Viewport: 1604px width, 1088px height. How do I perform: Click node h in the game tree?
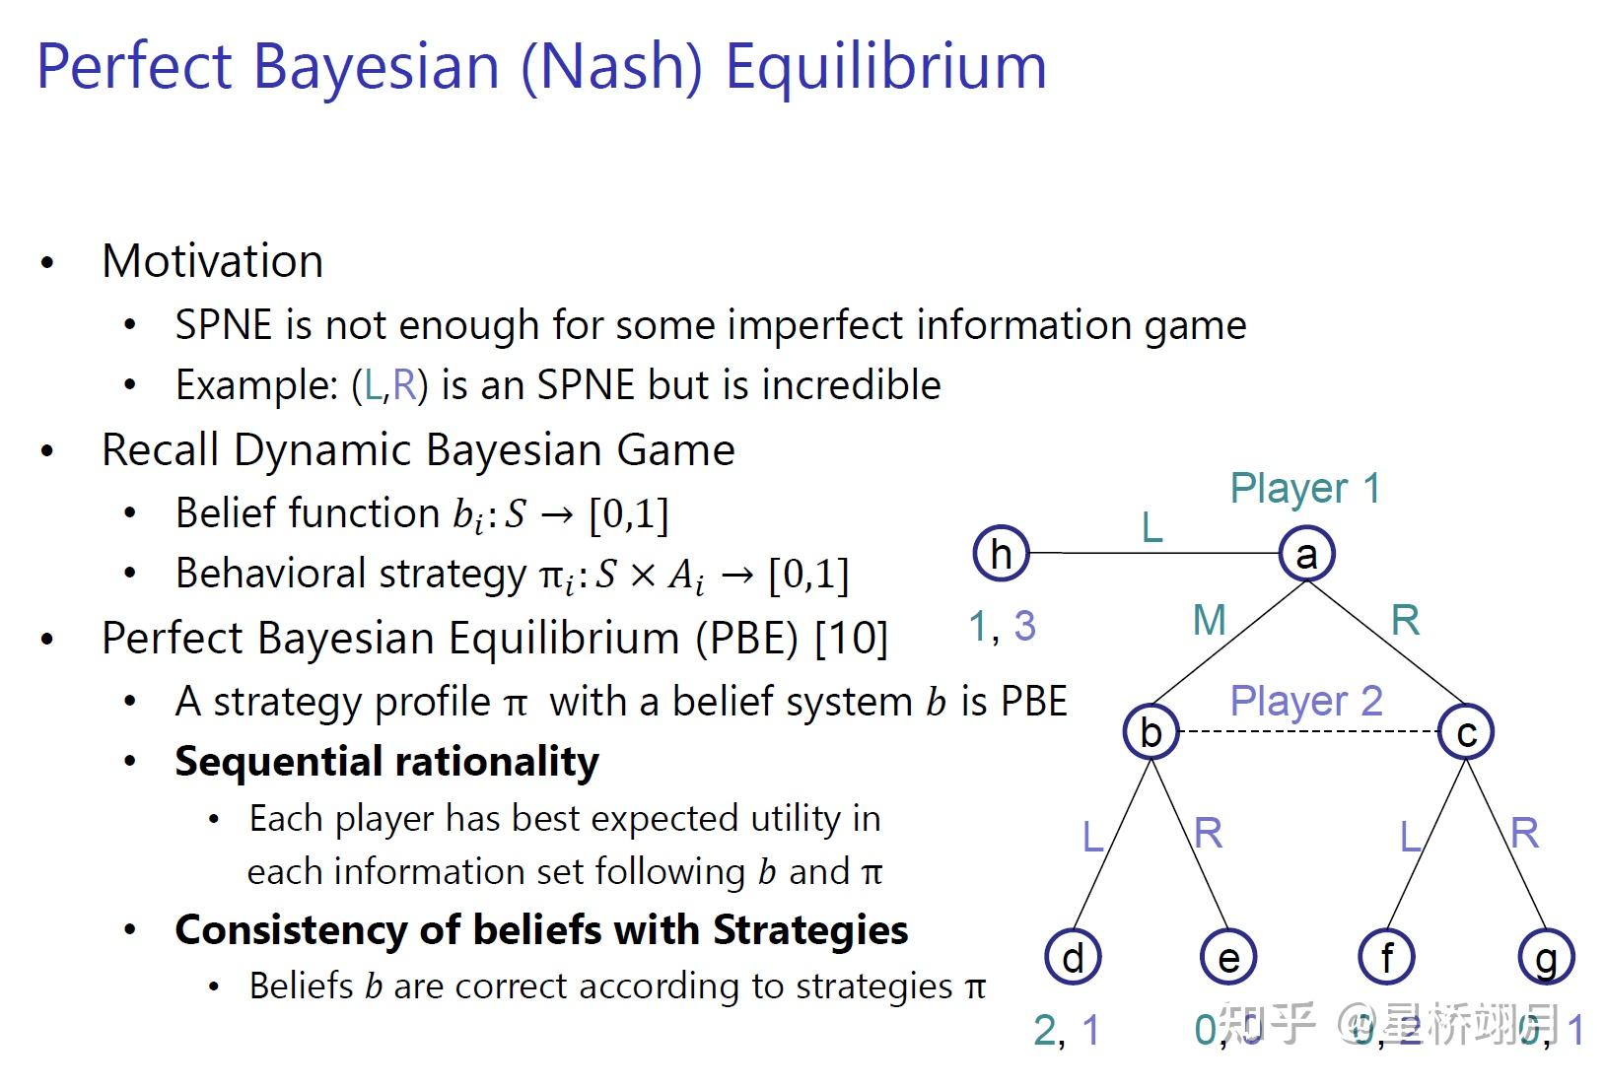tap(1001, 554)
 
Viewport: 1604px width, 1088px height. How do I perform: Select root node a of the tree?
tap(1306, 554)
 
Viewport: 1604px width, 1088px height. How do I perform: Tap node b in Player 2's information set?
tap(1151, 732)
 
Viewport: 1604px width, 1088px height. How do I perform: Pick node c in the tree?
tap(1466, 732)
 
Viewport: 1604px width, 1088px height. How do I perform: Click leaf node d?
tap(1073, 957)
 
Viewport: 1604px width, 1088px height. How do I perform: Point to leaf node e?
tap(1228, 957)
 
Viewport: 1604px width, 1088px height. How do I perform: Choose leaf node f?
tap(1386, 957)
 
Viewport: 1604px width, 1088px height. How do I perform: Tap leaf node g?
tap(1545, 957)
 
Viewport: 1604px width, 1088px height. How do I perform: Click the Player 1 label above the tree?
tap(1305, 489)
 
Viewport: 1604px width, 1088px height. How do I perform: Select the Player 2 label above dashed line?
tap(1305, 701)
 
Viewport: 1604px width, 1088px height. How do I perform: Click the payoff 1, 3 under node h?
tap(1002, 627)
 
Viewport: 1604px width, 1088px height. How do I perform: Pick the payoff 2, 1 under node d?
tap(1066, 1031)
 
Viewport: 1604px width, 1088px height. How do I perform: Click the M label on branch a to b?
tap(1209, 621)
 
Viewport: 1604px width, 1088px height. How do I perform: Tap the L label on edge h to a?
tap(1151, 529)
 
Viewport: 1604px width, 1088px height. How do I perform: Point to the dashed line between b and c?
tap(1308, 732)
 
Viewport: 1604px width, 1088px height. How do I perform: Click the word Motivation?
tap(212, 262)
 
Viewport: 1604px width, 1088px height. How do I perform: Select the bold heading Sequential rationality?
tap(386, 762)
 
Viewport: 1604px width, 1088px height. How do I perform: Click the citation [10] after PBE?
tap(852, 639)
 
